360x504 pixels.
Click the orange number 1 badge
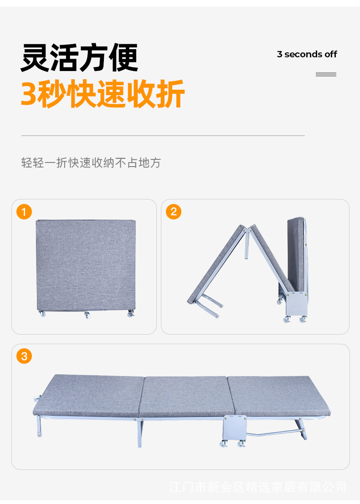[24, 212]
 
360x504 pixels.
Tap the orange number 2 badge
[174, 212]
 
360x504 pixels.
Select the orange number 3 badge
[24, 356]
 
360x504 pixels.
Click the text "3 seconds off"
[307, 54]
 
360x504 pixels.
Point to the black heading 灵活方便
[79, 58]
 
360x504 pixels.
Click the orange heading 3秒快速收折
[103, 93]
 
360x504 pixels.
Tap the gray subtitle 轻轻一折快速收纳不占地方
[91, 163]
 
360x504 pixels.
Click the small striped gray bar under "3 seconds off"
[326, 74]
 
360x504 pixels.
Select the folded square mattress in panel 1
[86, 265]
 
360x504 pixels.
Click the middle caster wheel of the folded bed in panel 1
[87, 315]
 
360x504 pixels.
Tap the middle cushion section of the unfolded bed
[186, 396]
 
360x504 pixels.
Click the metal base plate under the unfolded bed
[235, 428]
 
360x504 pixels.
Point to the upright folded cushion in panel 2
[296, 254]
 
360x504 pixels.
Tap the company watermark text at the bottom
[258, 487]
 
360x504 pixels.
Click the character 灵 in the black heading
[35, 58]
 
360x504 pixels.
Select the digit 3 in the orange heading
[29, 94]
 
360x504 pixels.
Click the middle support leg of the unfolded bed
[140, 433]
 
